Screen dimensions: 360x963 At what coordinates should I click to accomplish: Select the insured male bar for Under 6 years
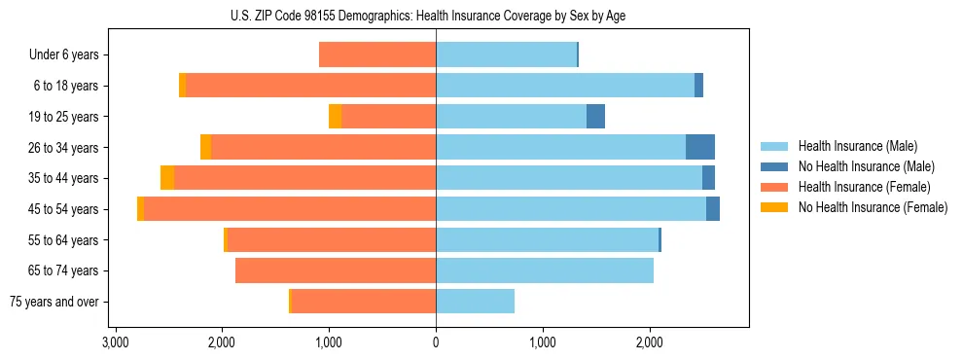click(506, 54)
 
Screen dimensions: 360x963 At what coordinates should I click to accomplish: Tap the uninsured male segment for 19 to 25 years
click(595, 117)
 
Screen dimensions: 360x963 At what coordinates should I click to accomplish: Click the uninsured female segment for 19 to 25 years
click(335, 117)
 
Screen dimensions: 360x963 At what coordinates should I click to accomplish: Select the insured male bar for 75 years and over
click(475, 302)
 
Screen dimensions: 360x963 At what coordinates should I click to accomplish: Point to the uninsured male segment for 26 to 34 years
click(700, 147)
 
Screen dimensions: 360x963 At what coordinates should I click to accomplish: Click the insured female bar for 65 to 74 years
click(336, 270)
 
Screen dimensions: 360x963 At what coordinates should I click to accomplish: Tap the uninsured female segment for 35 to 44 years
click(167, 178)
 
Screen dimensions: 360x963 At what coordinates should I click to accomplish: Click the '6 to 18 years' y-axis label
click(65, 86)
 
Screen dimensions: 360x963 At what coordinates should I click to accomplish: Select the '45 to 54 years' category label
click(62, 209)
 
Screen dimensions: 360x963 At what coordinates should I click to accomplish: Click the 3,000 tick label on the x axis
click(115, 342)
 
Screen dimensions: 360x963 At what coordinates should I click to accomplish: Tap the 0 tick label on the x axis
click(436, 342)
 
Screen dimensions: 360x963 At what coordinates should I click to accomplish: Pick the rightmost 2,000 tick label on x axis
click(649, 342)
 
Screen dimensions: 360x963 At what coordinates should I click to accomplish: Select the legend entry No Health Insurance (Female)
click(873, 207)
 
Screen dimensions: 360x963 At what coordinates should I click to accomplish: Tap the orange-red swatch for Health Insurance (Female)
click(774, 187)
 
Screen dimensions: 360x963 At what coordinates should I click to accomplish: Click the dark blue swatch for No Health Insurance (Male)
click(774, 166)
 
